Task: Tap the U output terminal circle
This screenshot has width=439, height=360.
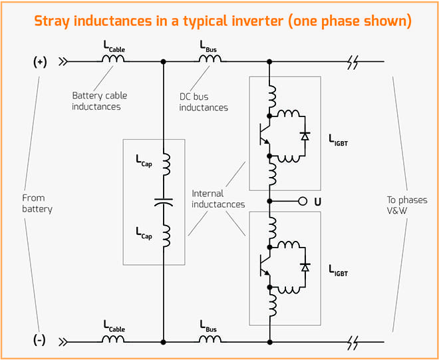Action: pyautogui.click(x=301, y=200)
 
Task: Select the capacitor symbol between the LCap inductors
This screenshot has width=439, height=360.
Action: pyautogui.click(x=163, y=200)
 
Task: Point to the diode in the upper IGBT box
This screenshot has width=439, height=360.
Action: pyautogui.click(x=305, y=136)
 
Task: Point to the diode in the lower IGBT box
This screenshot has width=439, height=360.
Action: pyautogui.click(x=305, y=267)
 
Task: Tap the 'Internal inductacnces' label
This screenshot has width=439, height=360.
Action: pyautogui.click(x=216, y=199)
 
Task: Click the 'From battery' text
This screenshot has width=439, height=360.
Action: pyautogui.click(x=36, y=203)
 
